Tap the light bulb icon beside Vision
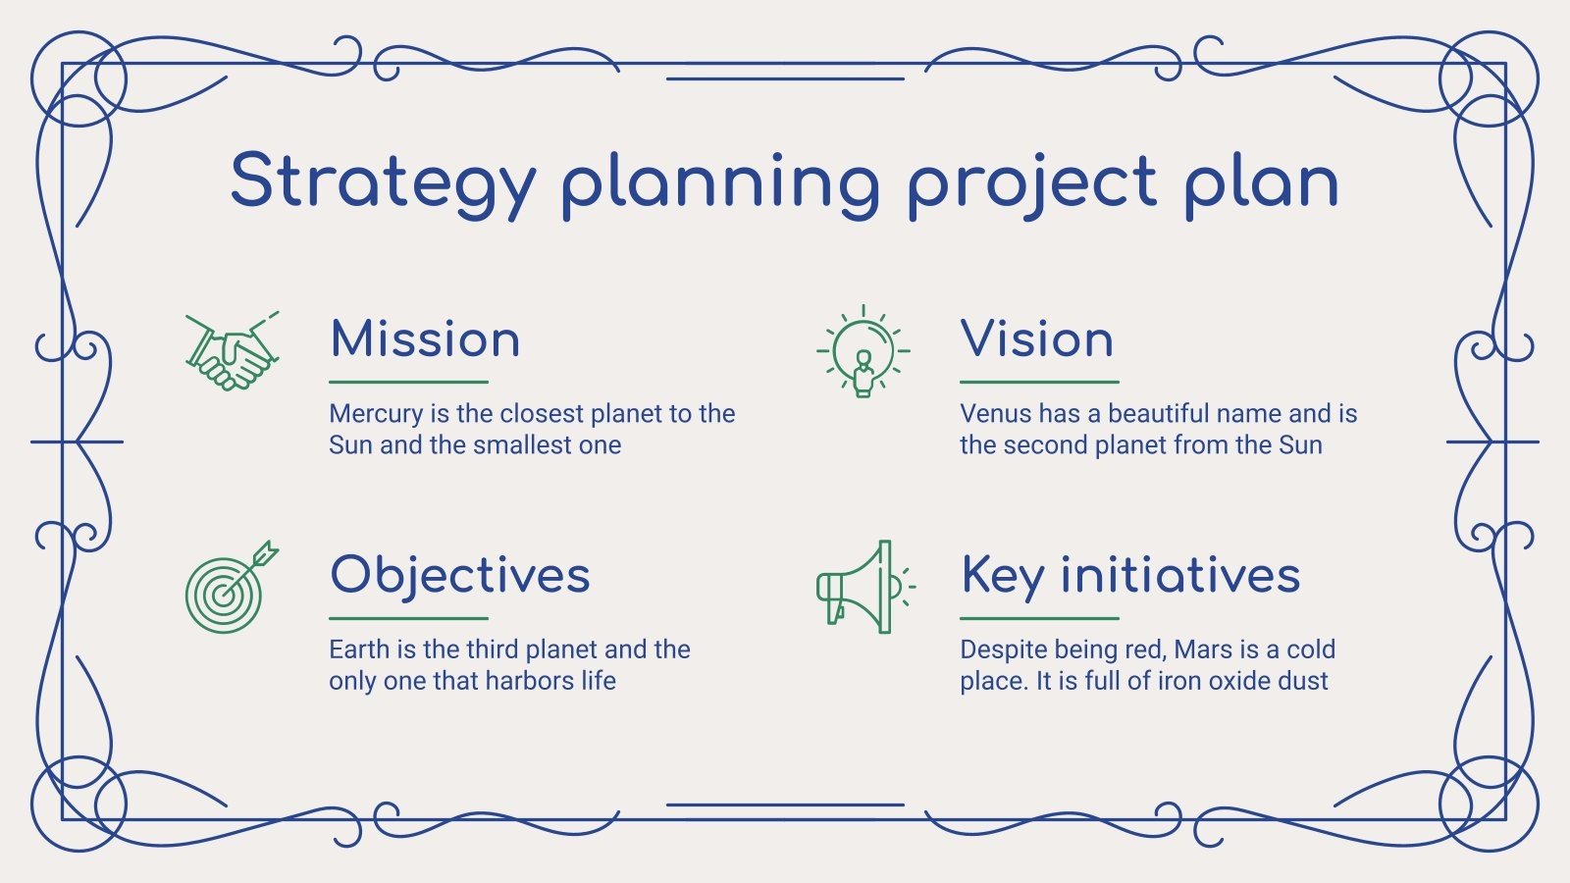(863, 351)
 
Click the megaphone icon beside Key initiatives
(861, 588)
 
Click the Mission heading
(425, 339)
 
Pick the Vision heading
(1036, 339)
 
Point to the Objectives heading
(460, 575)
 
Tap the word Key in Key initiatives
(1001, 575)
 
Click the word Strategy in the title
(383, 182)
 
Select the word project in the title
(1031, 182)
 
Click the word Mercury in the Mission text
(376, 414)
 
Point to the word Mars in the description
(1203, 649)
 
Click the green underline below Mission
(408, 382)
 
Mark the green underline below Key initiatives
(1039, 618)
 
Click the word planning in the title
(720, 182)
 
